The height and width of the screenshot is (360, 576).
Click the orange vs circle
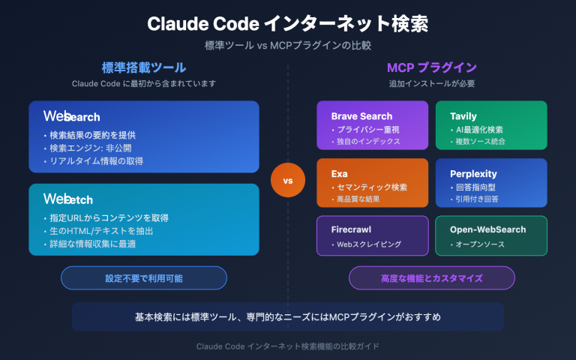point(288,181)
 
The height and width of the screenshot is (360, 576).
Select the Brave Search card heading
point(361,116)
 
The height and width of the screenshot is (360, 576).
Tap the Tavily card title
point(463,116)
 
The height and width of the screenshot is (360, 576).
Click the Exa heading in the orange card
point(340,174)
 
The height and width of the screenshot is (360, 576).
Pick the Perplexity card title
point(473,174)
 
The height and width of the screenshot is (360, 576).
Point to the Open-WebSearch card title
point(487,229)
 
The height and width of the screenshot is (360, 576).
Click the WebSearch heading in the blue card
point(71,116)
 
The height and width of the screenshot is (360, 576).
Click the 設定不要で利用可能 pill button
point(143,277)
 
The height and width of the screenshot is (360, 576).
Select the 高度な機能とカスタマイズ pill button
point(425,277)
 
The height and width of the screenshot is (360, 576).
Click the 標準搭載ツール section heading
point(143,67)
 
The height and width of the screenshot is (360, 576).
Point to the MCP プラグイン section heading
point(431,67)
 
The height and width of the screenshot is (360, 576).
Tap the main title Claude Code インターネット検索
point(288,24)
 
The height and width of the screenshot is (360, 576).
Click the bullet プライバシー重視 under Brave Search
point(369,130)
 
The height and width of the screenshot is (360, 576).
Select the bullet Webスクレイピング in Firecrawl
point(366,244)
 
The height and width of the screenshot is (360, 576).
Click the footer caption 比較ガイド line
point(288,346)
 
